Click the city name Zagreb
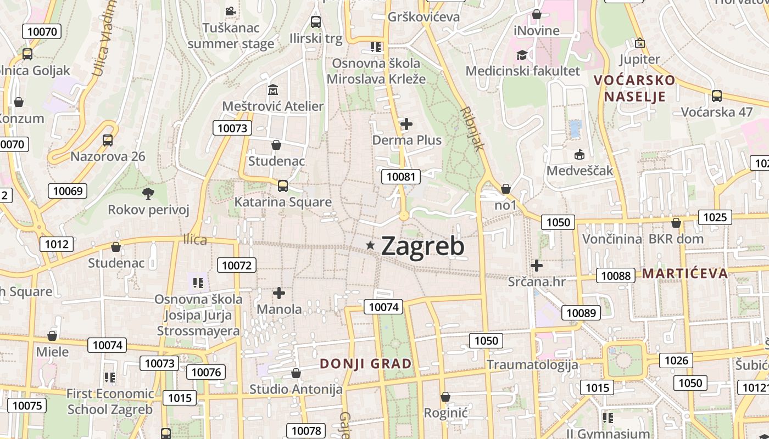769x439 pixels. coord(422,246)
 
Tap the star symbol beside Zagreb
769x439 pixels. coord(371,245)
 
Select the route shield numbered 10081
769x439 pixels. coord(401,177)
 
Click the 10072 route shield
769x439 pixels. coord(237,266)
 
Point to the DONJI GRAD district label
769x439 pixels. coord(366,364)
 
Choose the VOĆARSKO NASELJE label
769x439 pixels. coord(634,88)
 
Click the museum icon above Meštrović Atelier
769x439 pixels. coord(273,89)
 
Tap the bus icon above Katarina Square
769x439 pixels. coord(282,185)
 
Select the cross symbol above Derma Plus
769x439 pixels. coord(406,124)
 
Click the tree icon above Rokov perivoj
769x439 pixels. coord(148,193)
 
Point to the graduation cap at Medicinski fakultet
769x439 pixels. coord(522,55)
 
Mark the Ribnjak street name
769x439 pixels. coord(473,128)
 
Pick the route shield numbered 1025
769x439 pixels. coord(715,217)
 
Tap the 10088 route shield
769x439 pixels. coord(616,275)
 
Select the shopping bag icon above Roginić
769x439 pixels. coord(445,396)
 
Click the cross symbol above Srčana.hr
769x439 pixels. coord(537,266)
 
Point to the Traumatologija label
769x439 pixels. coord(532,364)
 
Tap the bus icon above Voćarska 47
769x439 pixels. coord(716,96)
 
